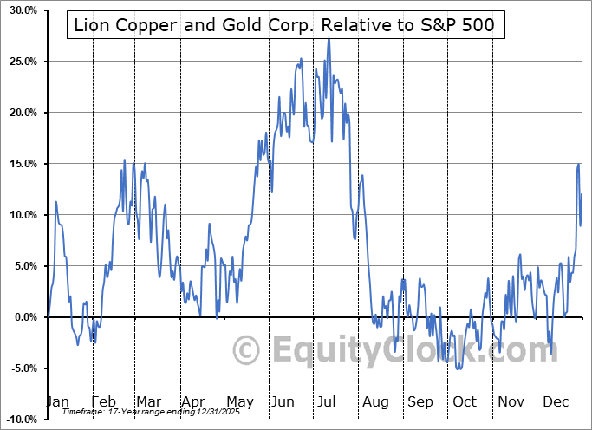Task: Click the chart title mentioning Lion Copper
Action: [x=284, y=25]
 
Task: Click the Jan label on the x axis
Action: [x=56, y=401]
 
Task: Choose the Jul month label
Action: [x=328, y=401]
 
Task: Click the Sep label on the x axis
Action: [x=420, y=401]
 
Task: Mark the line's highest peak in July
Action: [x=328, y=39]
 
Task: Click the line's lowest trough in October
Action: [x=459, y=369]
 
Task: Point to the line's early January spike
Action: [x=55, y=202]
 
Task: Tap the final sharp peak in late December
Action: [x=578, y=164]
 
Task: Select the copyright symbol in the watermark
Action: [x=248, y=350]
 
